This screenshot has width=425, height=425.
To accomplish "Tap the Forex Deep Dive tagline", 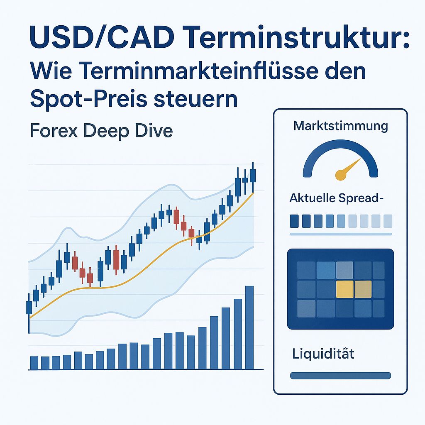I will click(x=101, y=131).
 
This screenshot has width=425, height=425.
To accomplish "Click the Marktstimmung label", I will click(x=340, y=125).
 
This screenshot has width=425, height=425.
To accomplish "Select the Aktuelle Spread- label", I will click(x=336, y=198).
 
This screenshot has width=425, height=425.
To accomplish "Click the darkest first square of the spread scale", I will click(x=294, y=221).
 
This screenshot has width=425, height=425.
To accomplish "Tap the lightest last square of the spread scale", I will click(x=388, y=221).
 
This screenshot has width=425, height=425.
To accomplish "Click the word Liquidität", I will click(x=323, y=355).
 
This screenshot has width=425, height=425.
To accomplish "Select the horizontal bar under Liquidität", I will click(x=340, y=376).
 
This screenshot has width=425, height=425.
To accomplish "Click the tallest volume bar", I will click(x=249, y=327).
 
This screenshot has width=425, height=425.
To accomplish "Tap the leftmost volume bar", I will click(x=34, y=362).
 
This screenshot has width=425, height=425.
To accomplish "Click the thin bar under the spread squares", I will click(x=340, y=234).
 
